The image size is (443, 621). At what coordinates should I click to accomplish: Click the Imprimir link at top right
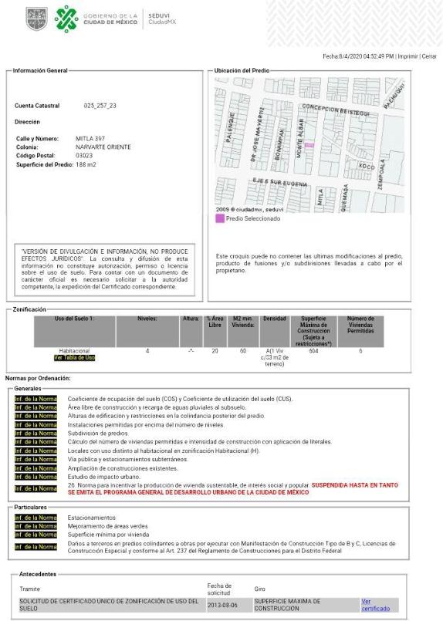[x=408, y=56]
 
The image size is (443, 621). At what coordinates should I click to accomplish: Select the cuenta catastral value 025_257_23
[x=100, y=105]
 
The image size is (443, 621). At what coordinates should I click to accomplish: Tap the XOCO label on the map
[x=366, y=167]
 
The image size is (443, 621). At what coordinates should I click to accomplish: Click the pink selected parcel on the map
[x=309, y=144]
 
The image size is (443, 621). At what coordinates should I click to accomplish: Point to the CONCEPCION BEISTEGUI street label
[x=339, y=110]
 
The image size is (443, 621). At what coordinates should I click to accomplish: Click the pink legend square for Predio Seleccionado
[x=220, y=219]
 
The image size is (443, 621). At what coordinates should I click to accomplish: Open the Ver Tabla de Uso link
[x=74, y=358]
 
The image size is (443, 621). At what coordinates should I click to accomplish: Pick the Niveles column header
[x=147, y=319]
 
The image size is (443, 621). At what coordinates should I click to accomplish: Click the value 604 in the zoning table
[x=313, y=350]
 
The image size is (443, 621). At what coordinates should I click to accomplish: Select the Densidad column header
[x=274, y=319]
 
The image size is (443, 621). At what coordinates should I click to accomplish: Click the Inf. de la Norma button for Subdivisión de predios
[x=36, y=433]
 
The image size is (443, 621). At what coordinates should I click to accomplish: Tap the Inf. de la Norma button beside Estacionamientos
[x=36, y=518]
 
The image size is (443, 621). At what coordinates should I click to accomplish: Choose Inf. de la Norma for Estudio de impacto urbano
[x=36, y=476]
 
